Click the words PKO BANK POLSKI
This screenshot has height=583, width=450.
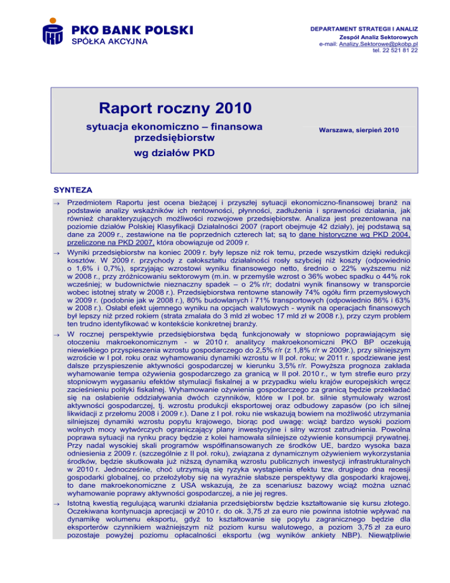click(x=132, y=30)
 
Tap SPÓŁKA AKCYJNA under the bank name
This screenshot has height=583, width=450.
click(x=109, y=42)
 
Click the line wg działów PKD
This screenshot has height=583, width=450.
click(x=171, y=154)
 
